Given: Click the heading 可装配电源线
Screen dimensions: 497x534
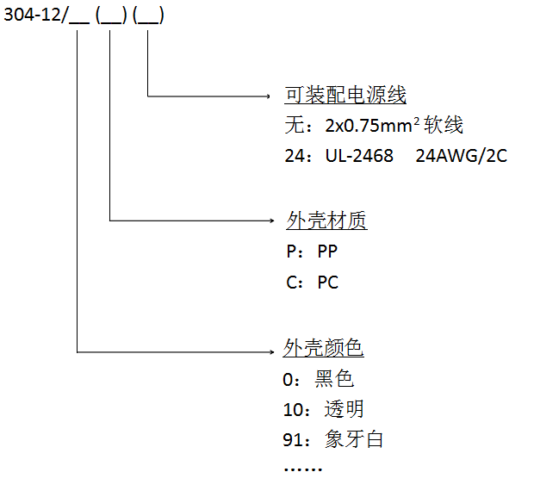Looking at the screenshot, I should point(345,95).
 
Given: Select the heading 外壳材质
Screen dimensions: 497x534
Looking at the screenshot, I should point(326,221).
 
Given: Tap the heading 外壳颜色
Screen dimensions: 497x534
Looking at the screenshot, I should point(324,347).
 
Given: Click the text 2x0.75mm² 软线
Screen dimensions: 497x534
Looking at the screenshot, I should point(394,126).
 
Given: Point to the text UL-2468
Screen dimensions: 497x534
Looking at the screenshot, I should point(358,156).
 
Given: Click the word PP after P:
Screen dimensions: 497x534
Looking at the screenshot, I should point(328,252).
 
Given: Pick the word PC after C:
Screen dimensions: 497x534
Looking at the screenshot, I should point(328,282).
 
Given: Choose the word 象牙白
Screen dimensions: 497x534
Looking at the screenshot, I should point(354,439).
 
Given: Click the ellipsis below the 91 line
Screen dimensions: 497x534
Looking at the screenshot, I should point(302,469).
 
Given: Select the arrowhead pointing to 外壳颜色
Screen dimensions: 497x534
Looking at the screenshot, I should point(274,351).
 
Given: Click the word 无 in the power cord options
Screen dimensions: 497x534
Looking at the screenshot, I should point(293,126).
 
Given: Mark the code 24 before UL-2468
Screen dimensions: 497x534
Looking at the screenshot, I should point(293,156).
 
